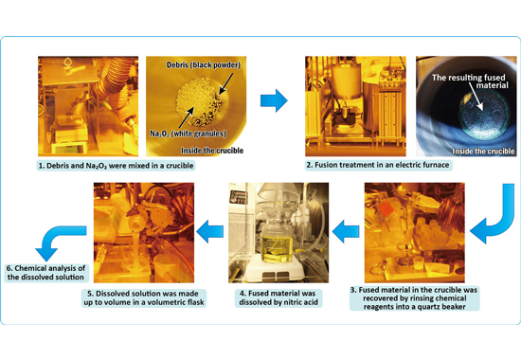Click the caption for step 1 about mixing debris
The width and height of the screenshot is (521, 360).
tap(116, 166)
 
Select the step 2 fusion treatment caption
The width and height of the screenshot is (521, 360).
tap(379, 165)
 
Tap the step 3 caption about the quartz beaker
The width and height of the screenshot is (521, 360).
tap(414, 298)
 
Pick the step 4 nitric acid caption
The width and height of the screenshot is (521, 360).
tap(278, 297)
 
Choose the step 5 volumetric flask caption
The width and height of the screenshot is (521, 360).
tap(144, 297)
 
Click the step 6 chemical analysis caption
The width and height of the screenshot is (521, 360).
tap(46, 273)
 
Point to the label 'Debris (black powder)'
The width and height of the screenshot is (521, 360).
tap(204, 64)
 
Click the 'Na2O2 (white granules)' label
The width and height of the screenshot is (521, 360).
tap(188, 134)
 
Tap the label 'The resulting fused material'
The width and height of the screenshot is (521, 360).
tap(470, 81)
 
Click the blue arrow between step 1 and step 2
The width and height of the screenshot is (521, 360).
tap(274, 100)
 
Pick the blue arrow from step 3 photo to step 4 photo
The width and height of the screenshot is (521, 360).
tap(346, 232)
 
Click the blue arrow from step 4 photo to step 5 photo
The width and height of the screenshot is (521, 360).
tap(209, 232)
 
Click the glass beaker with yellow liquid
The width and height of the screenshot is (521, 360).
tap(277, 237)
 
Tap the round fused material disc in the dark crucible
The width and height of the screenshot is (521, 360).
tap(484, 115)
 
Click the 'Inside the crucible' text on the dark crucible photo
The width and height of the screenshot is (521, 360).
tap(483, 152)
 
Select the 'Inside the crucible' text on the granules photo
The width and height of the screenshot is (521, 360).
tap(212, 151)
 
